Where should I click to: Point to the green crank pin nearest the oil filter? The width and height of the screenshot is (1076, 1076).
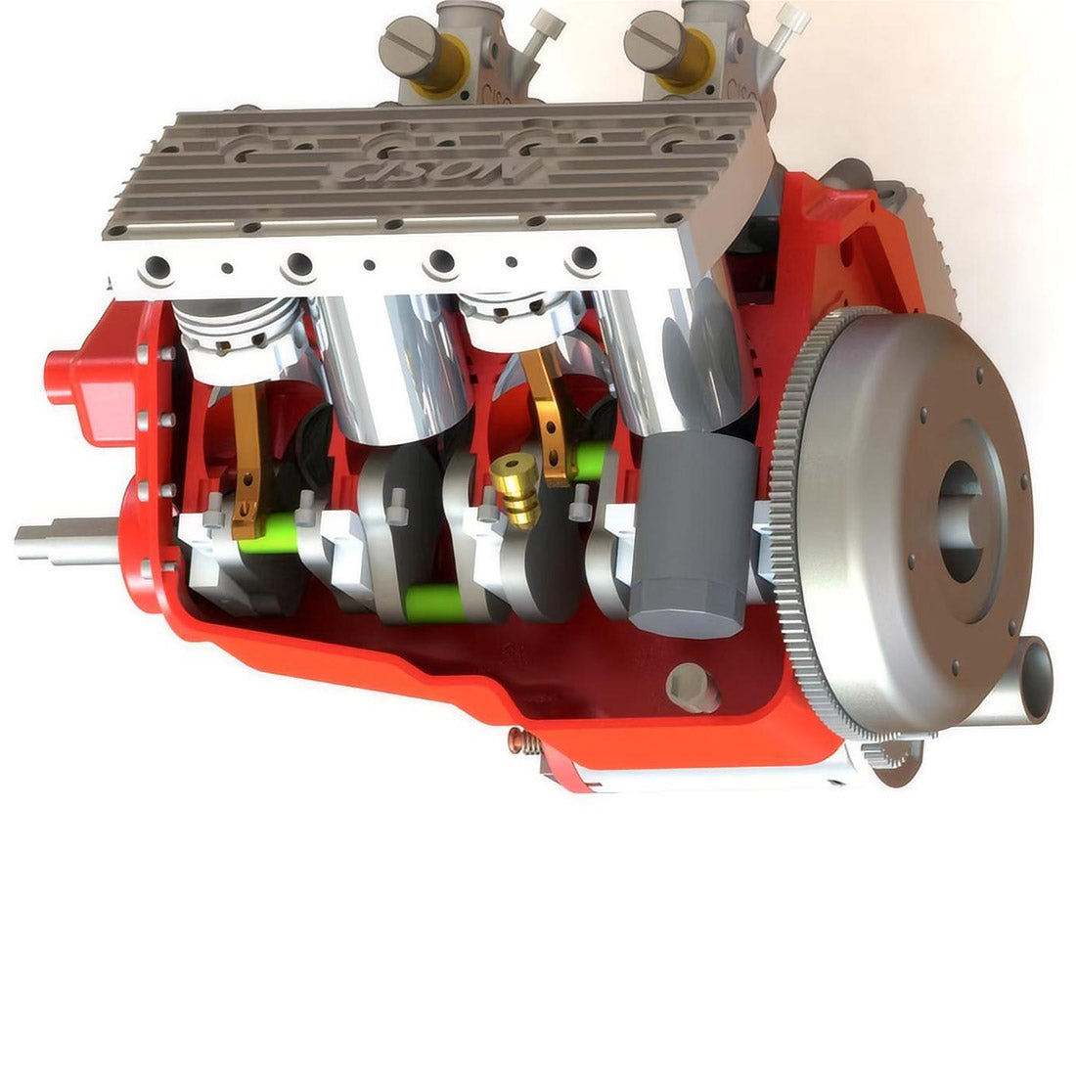tap(592, 460)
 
